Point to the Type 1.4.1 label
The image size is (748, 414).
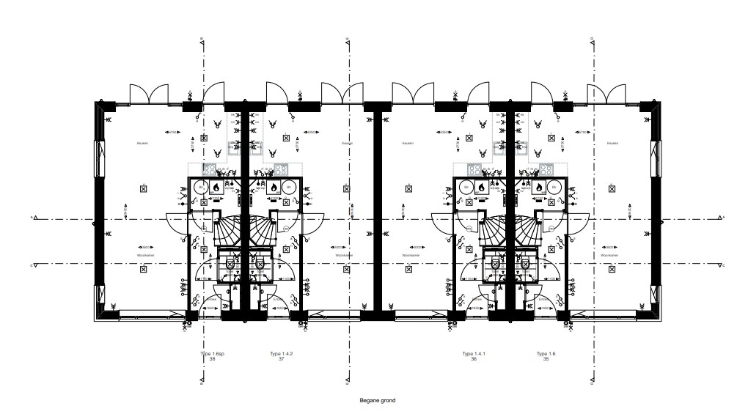coord(474,354)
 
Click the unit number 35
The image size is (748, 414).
coord(543,359)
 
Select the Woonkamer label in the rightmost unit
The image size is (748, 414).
coord(611,256)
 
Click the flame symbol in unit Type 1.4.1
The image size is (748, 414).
coord(481,188)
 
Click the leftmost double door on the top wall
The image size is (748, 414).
coord(144,94)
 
